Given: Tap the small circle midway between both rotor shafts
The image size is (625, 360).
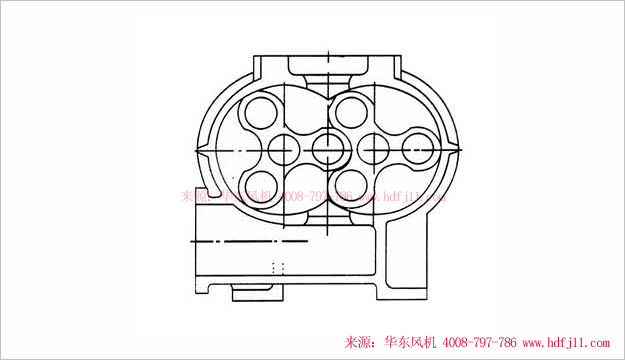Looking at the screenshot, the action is [327, 149].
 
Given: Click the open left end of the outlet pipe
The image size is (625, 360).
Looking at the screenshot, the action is [192, 242].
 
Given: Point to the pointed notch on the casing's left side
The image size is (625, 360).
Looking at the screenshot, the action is [198, 150].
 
